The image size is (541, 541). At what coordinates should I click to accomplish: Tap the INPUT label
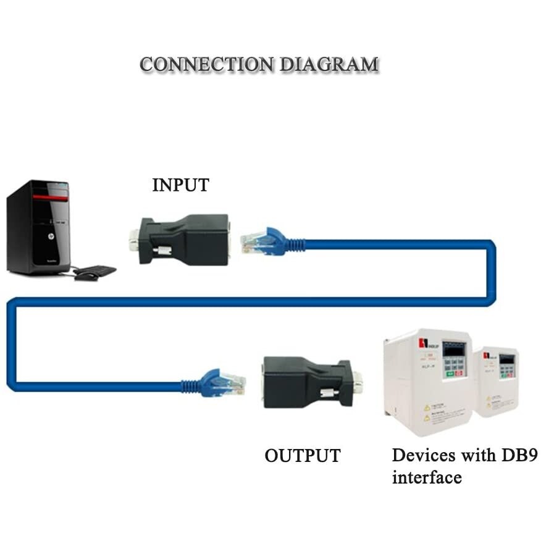pyautogui.click(x=180, y=185)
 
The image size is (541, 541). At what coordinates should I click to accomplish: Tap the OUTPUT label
pyautogui.click(x=303, y=456)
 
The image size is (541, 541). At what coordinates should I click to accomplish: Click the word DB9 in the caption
pyautogui.click(x=519, y=456)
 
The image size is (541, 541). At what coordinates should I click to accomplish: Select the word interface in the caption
pyautogui.click(x=427, y=477)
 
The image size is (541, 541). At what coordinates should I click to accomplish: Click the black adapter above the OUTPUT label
pyautogui.click(x=296, y=381)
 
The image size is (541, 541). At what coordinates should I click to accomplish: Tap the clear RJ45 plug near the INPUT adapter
pyautogui.click(x=253, y=241)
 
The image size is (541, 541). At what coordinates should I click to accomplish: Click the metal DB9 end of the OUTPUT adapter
pyautogui.click(x=356, y=381)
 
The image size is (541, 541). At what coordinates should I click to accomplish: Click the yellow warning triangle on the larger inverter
pyautogui.click(x=426, y=408)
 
